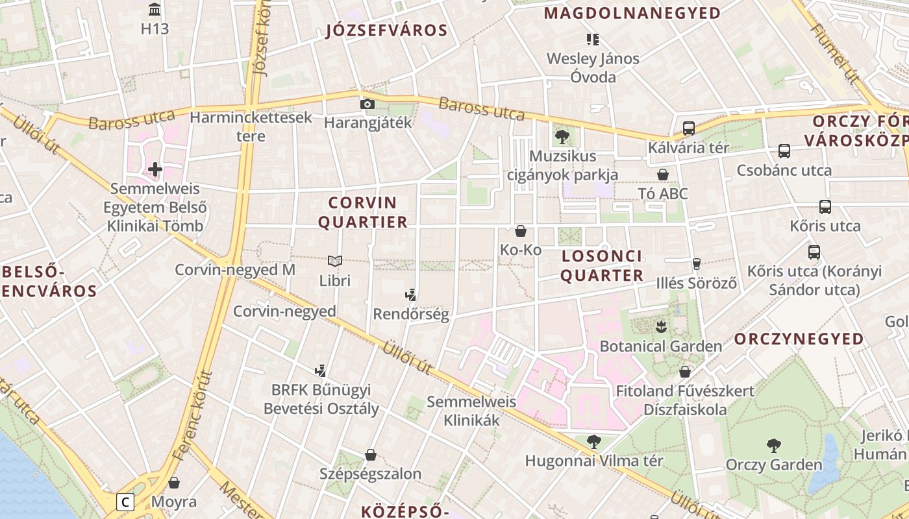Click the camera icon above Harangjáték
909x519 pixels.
pos(367,104)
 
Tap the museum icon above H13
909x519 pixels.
pos(155,10)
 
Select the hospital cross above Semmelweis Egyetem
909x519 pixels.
pos(155,170)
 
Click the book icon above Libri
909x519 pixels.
pos(335,261)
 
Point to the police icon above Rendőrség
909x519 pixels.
pos(410,295)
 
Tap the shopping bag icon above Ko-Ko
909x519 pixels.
pos(520,231)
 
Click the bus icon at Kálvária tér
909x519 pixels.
pos(689,128)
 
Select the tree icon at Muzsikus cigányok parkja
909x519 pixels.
pos(562,137)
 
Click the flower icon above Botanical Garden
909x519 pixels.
pos(661,326)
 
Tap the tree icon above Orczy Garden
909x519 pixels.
pos(773,446)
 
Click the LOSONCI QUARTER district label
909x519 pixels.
pos(602,265)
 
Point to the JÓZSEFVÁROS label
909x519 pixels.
pos(387,30)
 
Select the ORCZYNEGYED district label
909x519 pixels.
pos(799,339)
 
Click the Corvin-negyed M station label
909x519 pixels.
pos(235,269)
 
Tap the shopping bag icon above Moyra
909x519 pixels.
pos(174,483)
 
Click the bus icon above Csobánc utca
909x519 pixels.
pos(784,151)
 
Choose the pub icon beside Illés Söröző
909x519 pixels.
pos(697,263)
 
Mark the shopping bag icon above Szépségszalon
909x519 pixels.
pos(371,455)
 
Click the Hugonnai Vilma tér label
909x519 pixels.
pos(594,461)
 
